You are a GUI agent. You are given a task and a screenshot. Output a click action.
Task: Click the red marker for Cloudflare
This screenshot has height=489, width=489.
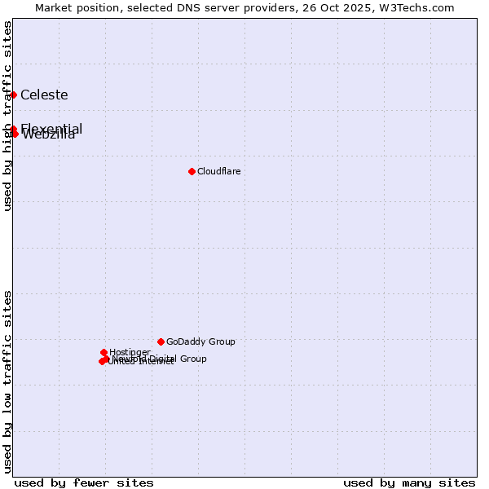coord(192,171)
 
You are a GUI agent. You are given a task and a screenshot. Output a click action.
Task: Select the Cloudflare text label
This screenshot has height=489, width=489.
coord(218,171)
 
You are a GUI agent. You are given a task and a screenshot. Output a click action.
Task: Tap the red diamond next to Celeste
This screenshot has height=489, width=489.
coord(14,95)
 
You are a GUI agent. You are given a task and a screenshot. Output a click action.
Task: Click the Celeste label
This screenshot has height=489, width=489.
coord(44,95)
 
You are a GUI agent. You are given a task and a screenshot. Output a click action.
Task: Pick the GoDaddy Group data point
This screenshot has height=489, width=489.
coord(161,341)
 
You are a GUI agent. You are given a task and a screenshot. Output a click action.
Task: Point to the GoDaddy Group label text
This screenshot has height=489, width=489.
coord(200,341)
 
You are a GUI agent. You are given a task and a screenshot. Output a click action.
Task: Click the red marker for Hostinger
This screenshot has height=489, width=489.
coord(104,352)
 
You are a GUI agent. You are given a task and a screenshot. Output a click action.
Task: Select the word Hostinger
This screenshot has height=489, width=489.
coord(130,352)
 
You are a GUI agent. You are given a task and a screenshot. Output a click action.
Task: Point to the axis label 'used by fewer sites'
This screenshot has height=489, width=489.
coord(84,482)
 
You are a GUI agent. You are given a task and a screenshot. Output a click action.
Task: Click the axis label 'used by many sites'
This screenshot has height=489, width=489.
coord(409,482)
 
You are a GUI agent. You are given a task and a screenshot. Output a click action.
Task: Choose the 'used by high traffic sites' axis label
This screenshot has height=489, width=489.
coord(7,116)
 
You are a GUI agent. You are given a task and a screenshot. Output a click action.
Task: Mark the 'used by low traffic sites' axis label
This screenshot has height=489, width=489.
coord(7,381)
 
